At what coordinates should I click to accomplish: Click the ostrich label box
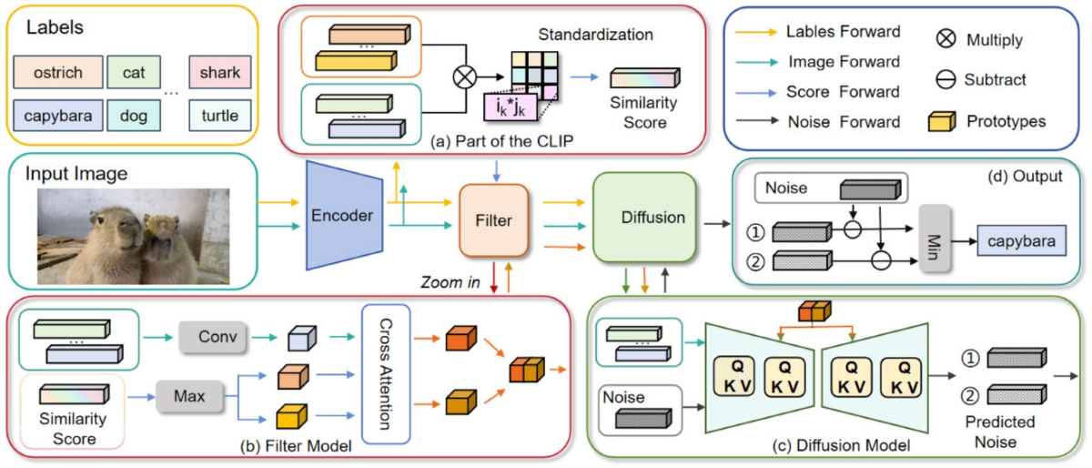57,70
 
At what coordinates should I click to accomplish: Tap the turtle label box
221,116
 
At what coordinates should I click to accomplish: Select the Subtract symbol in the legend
944,81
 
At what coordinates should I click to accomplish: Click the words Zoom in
450,283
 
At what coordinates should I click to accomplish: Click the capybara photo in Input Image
133,236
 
